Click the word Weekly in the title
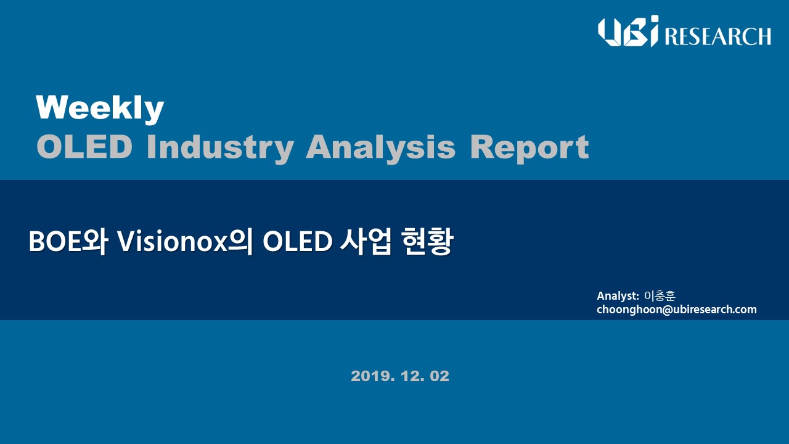[100, 109]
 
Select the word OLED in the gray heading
[84, 147]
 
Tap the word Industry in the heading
[220, 149]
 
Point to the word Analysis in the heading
[381, 149]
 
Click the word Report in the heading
[529, 149]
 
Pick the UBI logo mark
[628, 31]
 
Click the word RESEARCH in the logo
[717, 36]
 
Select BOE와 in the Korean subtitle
[68, 242]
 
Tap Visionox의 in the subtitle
[184, 242]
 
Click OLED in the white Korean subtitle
[297, 242]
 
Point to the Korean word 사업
[366, 242]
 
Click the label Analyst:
[618, 296]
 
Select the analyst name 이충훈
[660, 295]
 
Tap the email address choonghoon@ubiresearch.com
[677, 310]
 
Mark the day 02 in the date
[439, 376]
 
